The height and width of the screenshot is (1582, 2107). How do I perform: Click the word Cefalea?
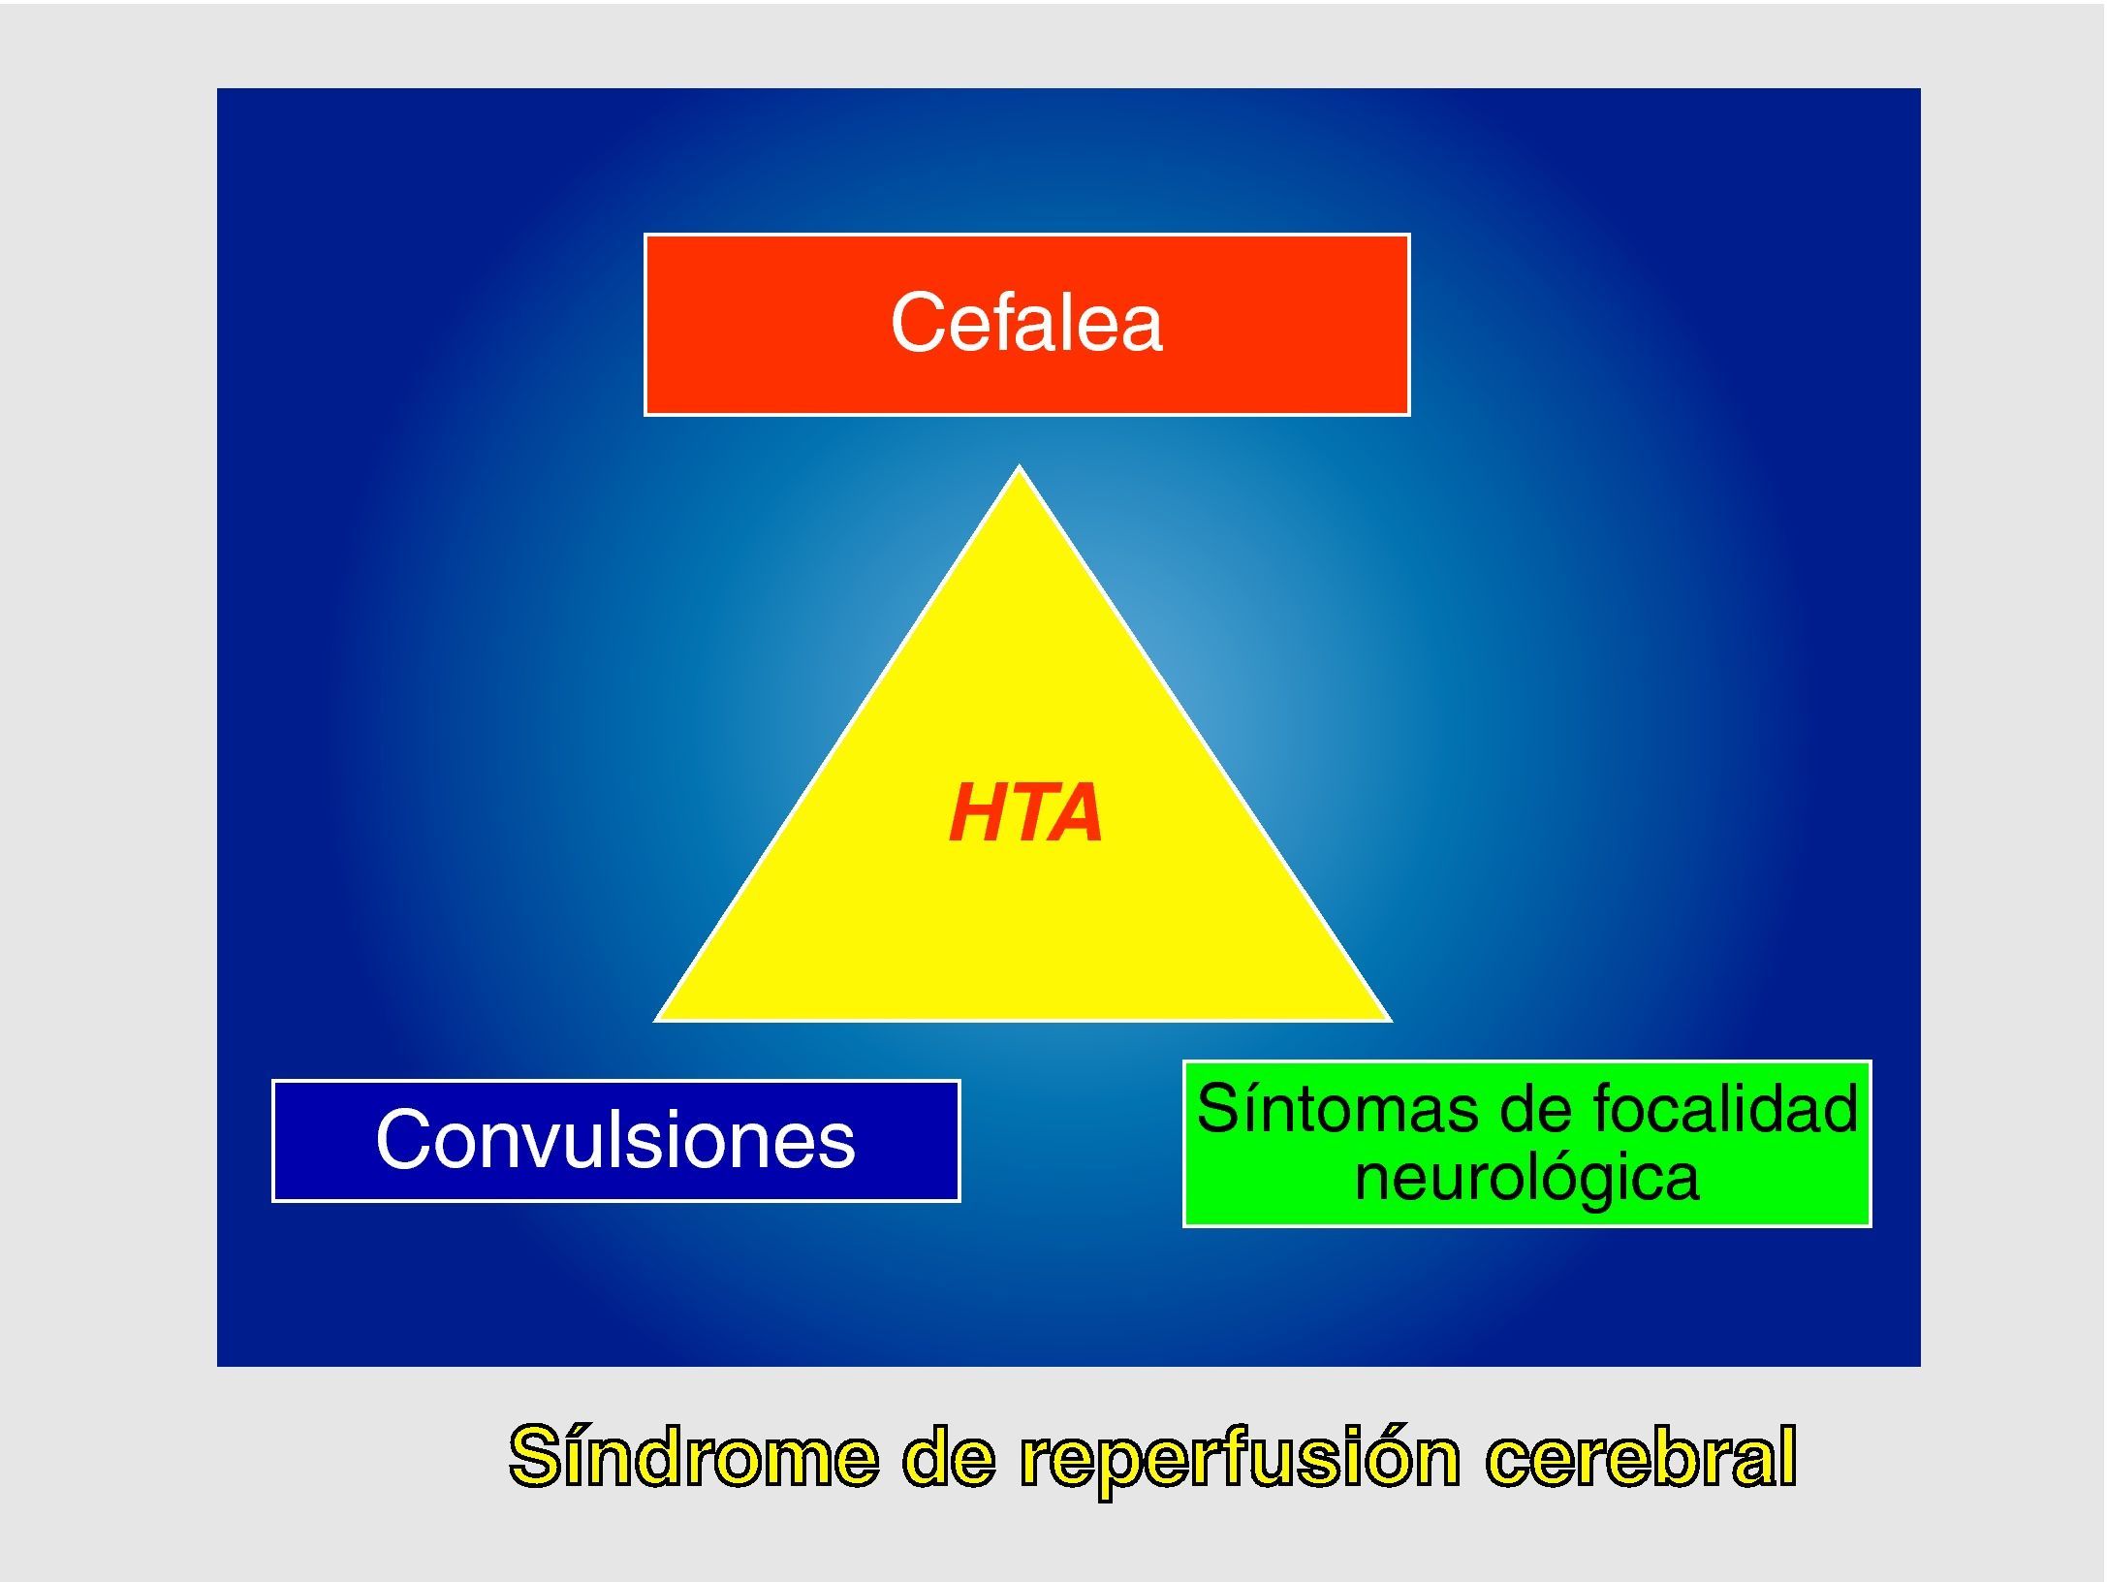pos(1025,323)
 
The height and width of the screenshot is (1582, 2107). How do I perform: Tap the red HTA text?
pos(1025,813)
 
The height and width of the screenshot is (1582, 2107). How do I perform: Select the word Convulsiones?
pos(615,1140)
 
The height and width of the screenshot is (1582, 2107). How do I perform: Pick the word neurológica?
pos(1526,1179)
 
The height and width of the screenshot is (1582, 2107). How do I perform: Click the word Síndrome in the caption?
pos(694,1457)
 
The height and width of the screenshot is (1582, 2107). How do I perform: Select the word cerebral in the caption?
pos(1641,1457)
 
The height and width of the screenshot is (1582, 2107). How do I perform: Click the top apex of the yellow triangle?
pos(1019,469)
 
